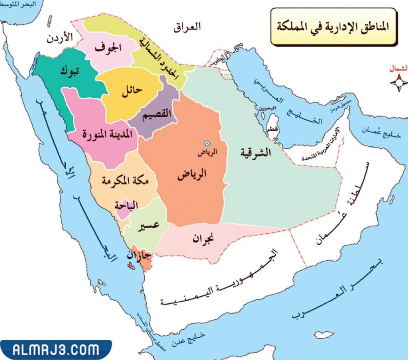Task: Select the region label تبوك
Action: tap(70, 72)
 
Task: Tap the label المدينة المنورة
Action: tap(104, 134)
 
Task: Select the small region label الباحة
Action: tap(126, 206)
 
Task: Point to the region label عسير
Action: tap(149, 226)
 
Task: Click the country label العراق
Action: tap(188, 28)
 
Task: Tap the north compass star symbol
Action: tap(398, 83)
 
